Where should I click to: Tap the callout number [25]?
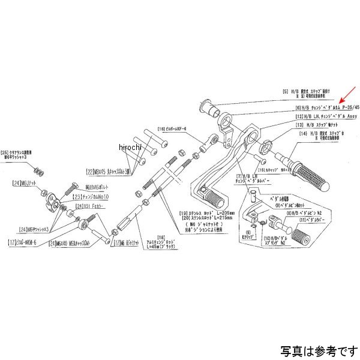[6, 152]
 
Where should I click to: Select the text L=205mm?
[227, 214]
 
